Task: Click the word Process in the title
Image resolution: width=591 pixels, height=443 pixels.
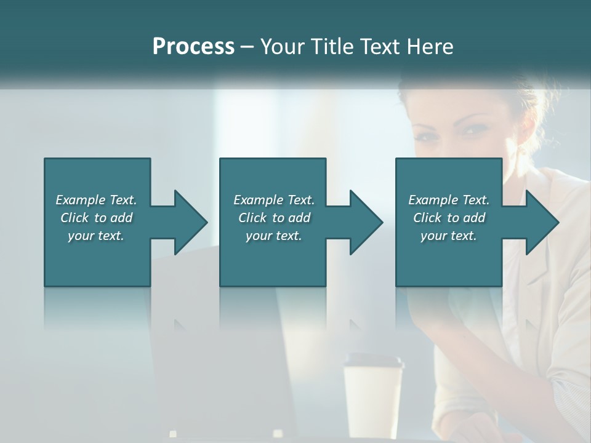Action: pyautogui.click(x=193, y=46)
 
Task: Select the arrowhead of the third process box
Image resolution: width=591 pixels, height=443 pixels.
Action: pyautogui.click(x=541, y=222)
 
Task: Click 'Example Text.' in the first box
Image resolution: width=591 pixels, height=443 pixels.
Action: pyautogui.click(x=96, y=199)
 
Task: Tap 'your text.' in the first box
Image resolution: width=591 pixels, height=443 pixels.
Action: pyautogui.click(x=96, y=235)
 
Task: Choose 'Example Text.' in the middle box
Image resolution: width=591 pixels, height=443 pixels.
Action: pyautogui.click(x=274, y=199)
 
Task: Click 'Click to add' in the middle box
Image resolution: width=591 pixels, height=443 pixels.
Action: pyautogui.click(x=274, y=217)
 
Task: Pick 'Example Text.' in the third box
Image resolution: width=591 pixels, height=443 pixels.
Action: pyautogui.click(x=449, y=199)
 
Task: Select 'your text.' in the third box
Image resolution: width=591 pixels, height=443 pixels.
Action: pyautogui.click(x=449, y=235)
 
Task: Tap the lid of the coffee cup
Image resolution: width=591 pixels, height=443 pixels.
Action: pyautogui.click(x=374, y=361)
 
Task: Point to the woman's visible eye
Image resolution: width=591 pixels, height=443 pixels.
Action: pyautogui.click(x=473, y=130)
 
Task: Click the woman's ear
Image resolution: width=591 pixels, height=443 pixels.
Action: pyautogui.click(x=528, y=132)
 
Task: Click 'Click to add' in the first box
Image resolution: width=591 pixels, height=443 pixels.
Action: pyautogui.click(x=96, y=217)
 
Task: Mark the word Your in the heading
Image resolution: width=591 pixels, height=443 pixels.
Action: pyautogui.click(x=281, y=46)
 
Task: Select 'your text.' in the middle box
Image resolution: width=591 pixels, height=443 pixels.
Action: pyautogui.click(x=274, y=235)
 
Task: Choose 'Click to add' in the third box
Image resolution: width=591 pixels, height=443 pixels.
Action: pyautogui.click(x=449, y=217)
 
